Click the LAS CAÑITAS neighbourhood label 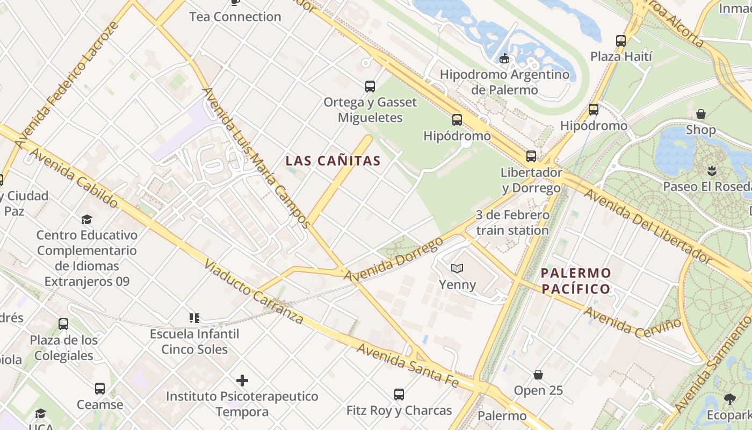click(333, 161)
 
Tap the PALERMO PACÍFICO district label click(576, 281)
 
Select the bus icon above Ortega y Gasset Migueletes click(370, 86)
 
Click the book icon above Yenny click(457, 268)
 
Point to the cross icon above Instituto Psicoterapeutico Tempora click(242, 381)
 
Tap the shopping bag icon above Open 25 click(538, 375)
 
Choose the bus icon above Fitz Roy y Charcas click(399, 395)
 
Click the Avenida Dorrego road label click(393, 260)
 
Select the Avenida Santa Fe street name click(408, 365)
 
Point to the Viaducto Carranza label click(254, 293)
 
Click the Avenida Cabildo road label click(74, 178)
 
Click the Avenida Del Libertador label click(647, 226)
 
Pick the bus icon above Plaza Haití click(621, 40)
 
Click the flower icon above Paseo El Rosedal click(712, 171)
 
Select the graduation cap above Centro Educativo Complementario click(86, 219)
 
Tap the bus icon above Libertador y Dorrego click(531, 156)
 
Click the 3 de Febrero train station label click(512, 223)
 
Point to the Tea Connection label click(235, 17)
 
